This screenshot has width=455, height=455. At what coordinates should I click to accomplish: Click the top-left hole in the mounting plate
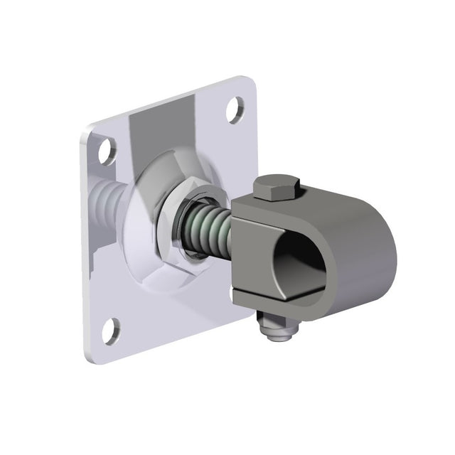point(107,152)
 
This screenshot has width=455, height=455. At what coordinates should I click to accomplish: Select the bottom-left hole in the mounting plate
point(109,331)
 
